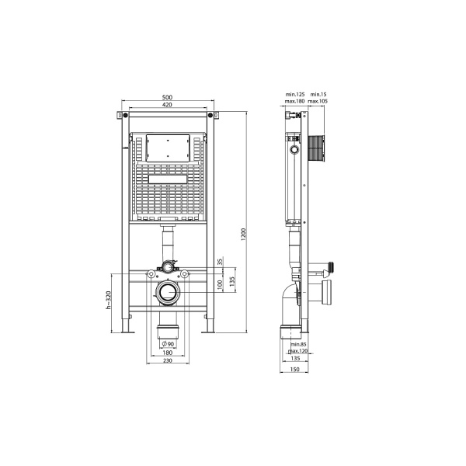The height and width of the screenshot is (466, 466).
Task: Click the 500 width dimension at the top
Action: [167, 96]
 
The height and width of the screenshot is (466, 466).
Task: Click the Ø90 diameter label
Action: [167, 344]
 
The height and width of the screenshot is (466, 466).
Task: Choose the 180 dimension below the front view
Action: [167, 353]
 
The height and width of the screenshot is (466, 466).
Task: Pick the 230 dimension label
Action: [167, 361]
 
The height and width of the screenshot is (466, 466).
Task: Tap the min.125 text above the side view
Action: [294, 95]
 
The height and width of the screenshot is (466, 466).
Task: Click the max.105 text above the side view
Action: [318, 102]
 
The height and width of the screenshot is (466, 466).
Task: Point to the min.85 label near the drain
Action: [299, 344]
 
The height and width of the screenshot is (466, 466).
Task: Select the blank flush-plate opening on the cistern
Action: [167, 148]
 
